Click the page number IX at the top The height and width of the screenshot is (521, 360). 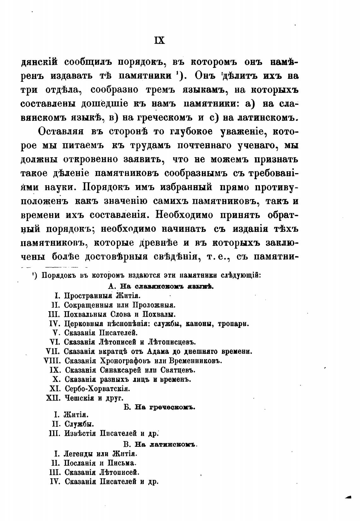[159, 40]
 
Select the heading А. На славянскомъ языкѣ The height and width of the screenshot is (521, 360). [161, 287]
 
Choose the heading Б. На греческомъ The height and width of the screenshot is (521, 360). [160, 407]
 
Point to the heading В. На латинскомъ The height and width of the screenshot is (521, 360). [160, 445]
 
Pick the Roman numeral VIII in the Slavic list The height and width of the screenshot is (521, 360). [52, 360]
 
